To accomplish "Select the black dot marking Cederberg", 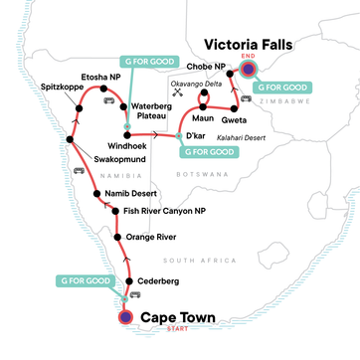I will click(127, 281).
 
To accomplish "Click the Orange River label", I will click(148, 239).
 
